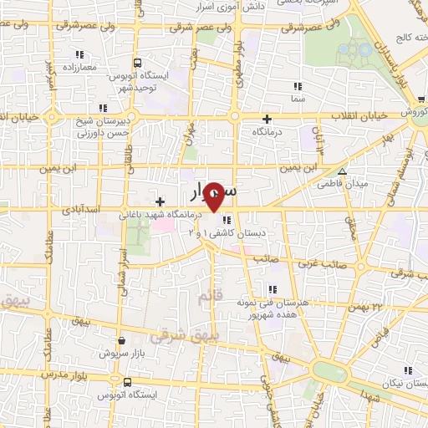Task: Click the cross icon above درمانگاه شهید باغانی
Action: click(x=160, y=201)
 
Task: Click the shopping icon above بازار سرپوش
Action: click(x=123, y=340)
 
